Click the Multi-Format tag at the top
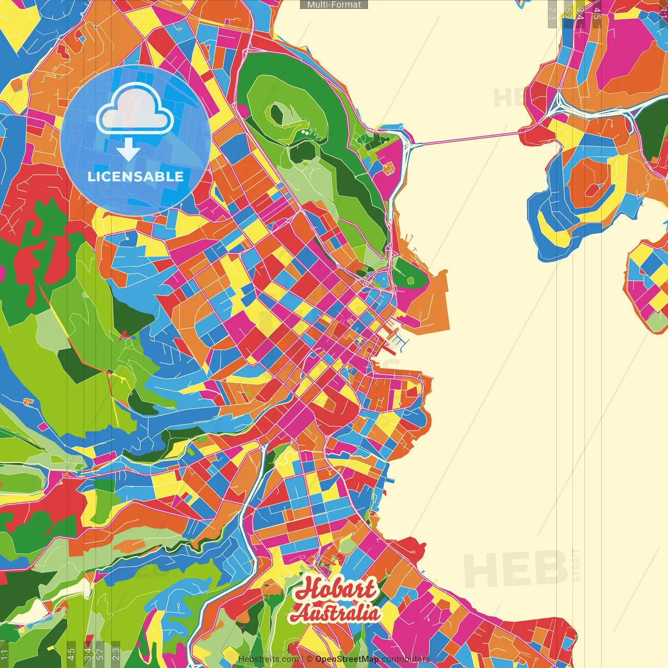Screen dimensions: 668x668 pos(334,5)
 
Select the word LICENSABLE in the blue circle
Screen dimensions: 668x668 pos(136,176)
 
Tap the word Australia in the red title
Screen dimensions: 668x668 pos(336,613)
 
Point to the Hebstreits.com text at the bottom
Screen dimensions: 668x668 pos(268,659)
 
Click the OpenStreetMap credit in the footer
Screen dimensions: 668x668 pos(347,659)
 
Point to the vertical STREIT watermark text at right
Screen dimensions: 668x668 pos(576,565)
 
